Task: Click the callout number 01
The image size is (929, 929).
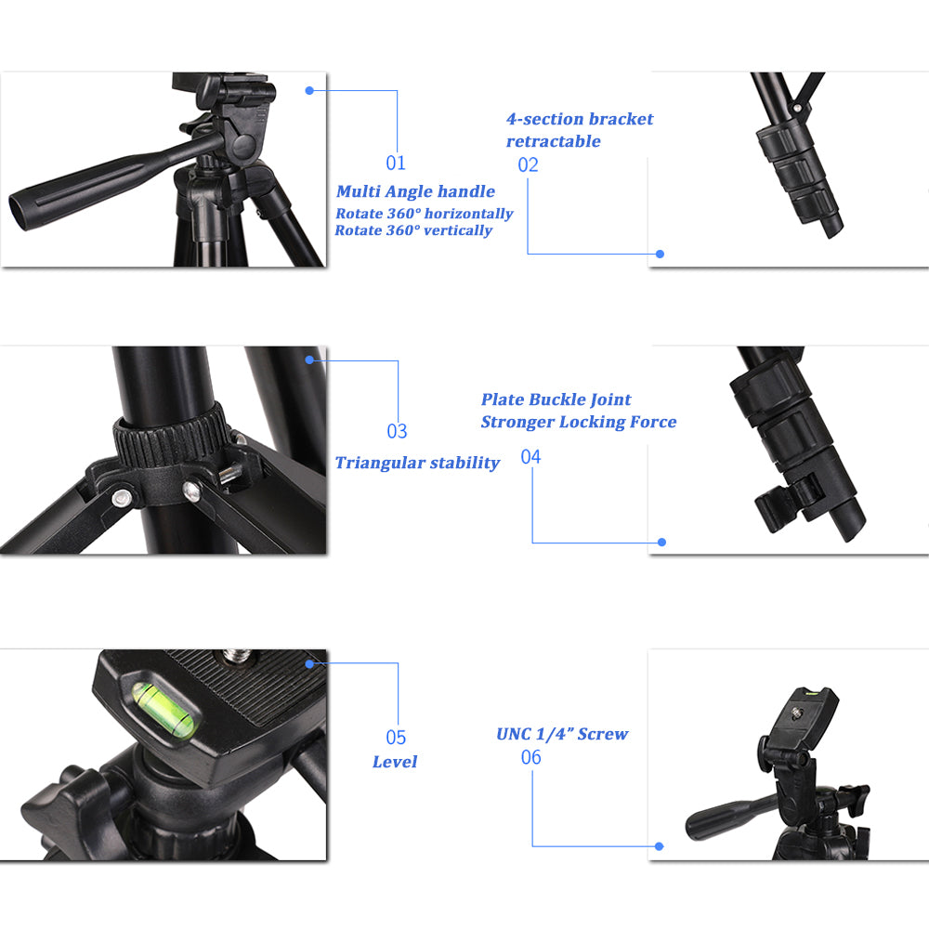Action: point(397,164)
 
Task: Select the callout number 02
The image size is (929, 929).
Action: point(529,165)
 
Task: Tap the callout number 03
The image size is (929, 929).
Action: point(398,431)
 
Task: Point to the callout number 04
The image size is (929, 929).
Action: point(531,457)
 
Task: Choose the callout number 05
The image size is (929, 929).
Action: point(397,738)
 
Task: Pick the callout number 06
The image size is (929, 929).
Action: point(531,758)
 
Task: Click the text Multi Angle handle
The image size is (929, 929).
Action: point(415,191)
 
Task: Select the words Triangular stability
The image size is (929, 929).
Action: point(417,463)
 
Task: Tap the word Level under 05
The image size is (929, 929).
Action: point(395,762)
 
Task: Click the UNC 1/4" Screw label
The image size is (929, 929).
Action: point(562,734)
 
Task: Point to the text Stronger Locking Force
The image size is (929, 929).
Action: point(578,422)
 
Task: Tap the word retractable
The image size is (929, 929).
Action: point(554,141)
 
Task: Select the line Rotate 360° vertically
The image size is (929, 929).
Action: point(413,230)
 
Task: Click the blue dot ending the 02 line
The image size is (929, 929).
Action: point(660,254)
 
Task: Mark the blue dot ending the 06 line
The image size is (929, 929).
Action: point(659,846)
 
